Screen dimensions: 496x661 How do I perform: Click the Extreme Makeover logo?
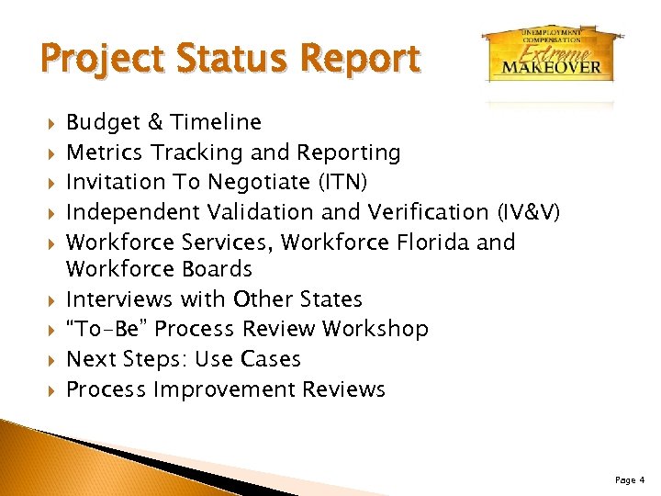pyautogui.click(x=548, y=53)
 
